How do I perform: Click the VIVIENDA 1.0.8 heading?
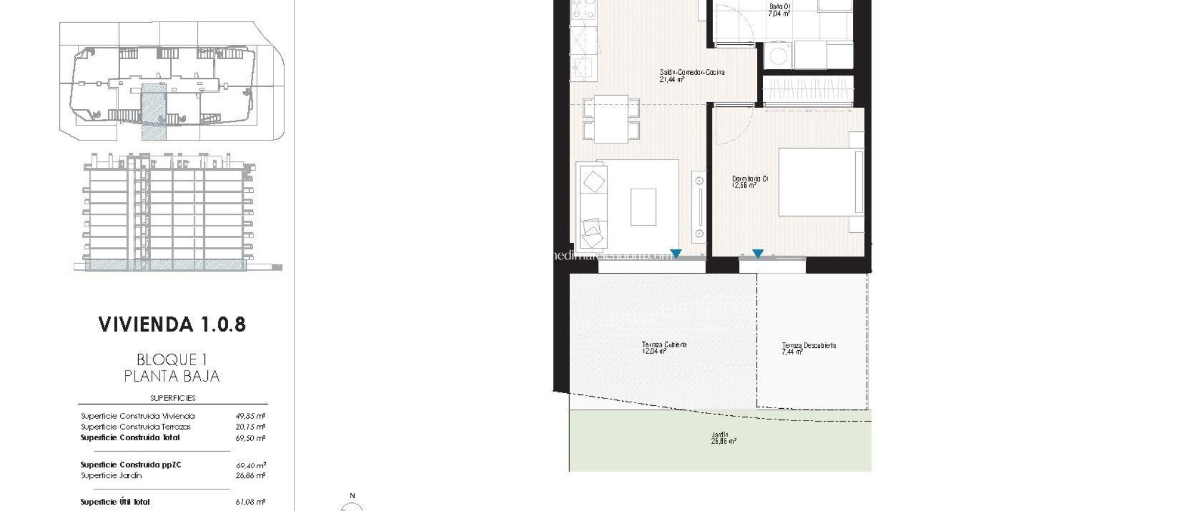point(172,325)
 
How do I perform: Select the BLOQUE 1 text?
point(172,360)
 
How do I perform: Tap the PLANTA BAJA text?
point(172,376)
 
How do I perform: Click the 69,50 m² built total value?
point(251,438)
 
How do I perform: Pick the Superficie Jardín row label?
point(111,476)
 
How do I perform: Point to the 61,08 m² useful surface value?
point(251,502)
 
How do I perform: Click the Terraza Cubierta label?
point(664,347)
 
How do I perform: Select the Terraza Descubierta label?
point(808,348)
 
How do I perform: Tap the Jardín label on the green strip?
point(723,438)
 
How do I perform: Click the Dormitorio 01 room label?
point(750,182)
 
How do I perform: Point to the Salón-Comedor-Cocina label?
point(691,75)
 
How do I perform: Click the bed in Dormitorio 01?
point(820,182)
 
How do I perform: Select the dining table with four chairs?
point(611,119)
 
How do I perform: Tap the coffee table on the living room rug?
point(643,207)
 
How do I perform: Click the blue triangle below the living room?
point(676,254)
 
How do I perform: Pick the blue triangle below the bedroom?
point(758,254)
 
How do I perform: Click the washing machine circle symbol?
point(778,56)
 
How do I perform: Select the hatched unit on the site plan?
point(154,111)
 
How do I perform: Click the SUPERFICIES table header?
point(172,398)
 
